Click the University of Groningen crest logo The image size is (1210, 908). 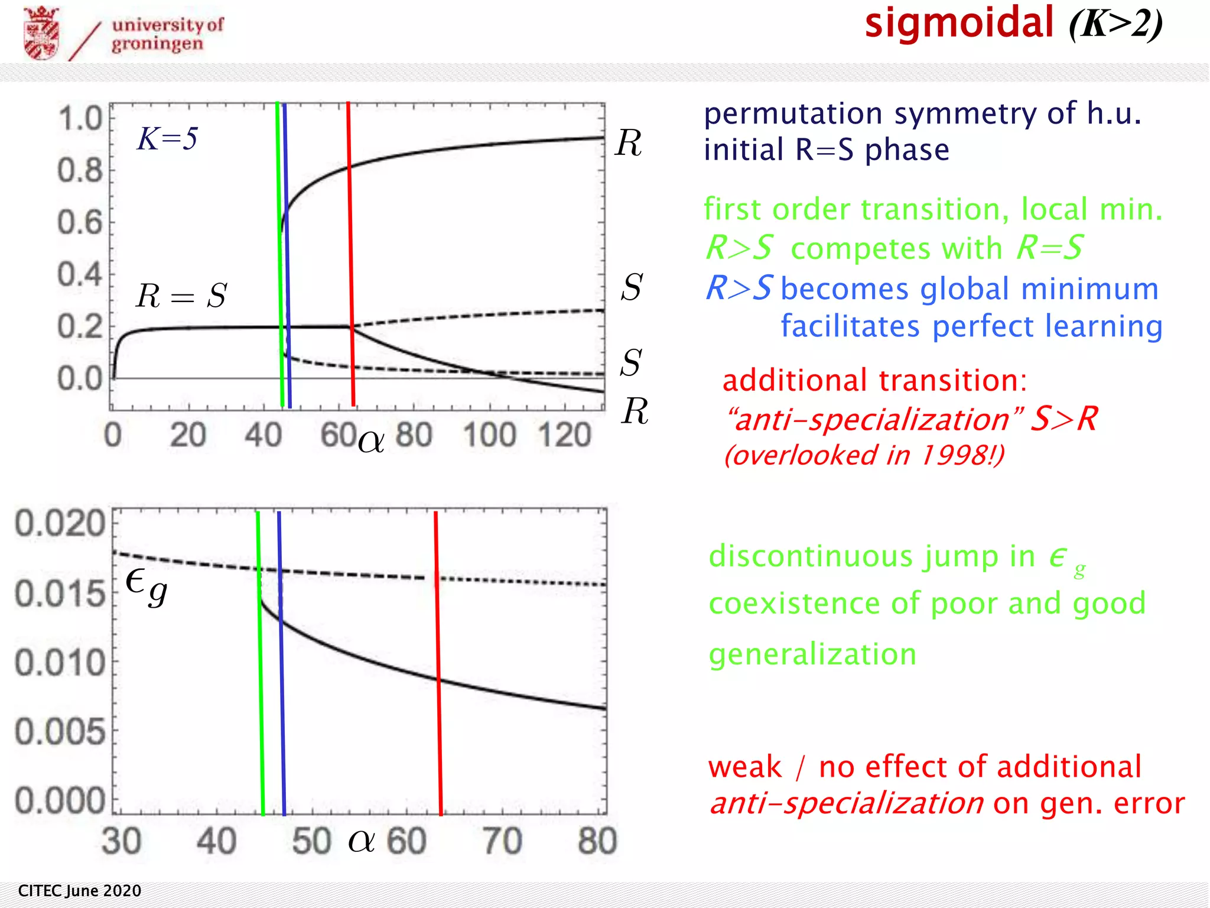point(41,33)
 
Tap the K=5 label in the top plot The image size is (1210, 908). point(167,140)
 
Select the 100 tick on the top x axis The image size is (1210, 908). point(490,436)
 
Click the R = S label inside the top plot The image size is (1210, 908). point(181,296)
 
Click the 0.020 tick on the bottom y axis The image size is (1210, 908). point(60,524)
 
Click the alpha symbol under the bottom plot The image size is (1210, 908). point(361,841)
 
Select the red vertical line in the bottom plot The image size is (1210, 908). point(438,662)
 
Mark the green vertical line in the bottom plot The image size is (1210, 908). point(260,662)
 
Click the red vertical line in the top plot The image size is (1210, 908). point(351,254)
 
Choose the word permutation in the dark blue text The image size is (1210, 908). point(793,113)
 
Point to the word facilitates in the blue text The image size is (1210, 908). point(850,326)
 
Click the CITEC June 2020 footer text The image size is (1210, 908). point(80,891)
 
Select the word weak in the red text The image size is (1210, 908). point(744,767)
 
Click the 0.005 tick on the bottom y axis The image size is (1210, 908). point(60,732)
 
